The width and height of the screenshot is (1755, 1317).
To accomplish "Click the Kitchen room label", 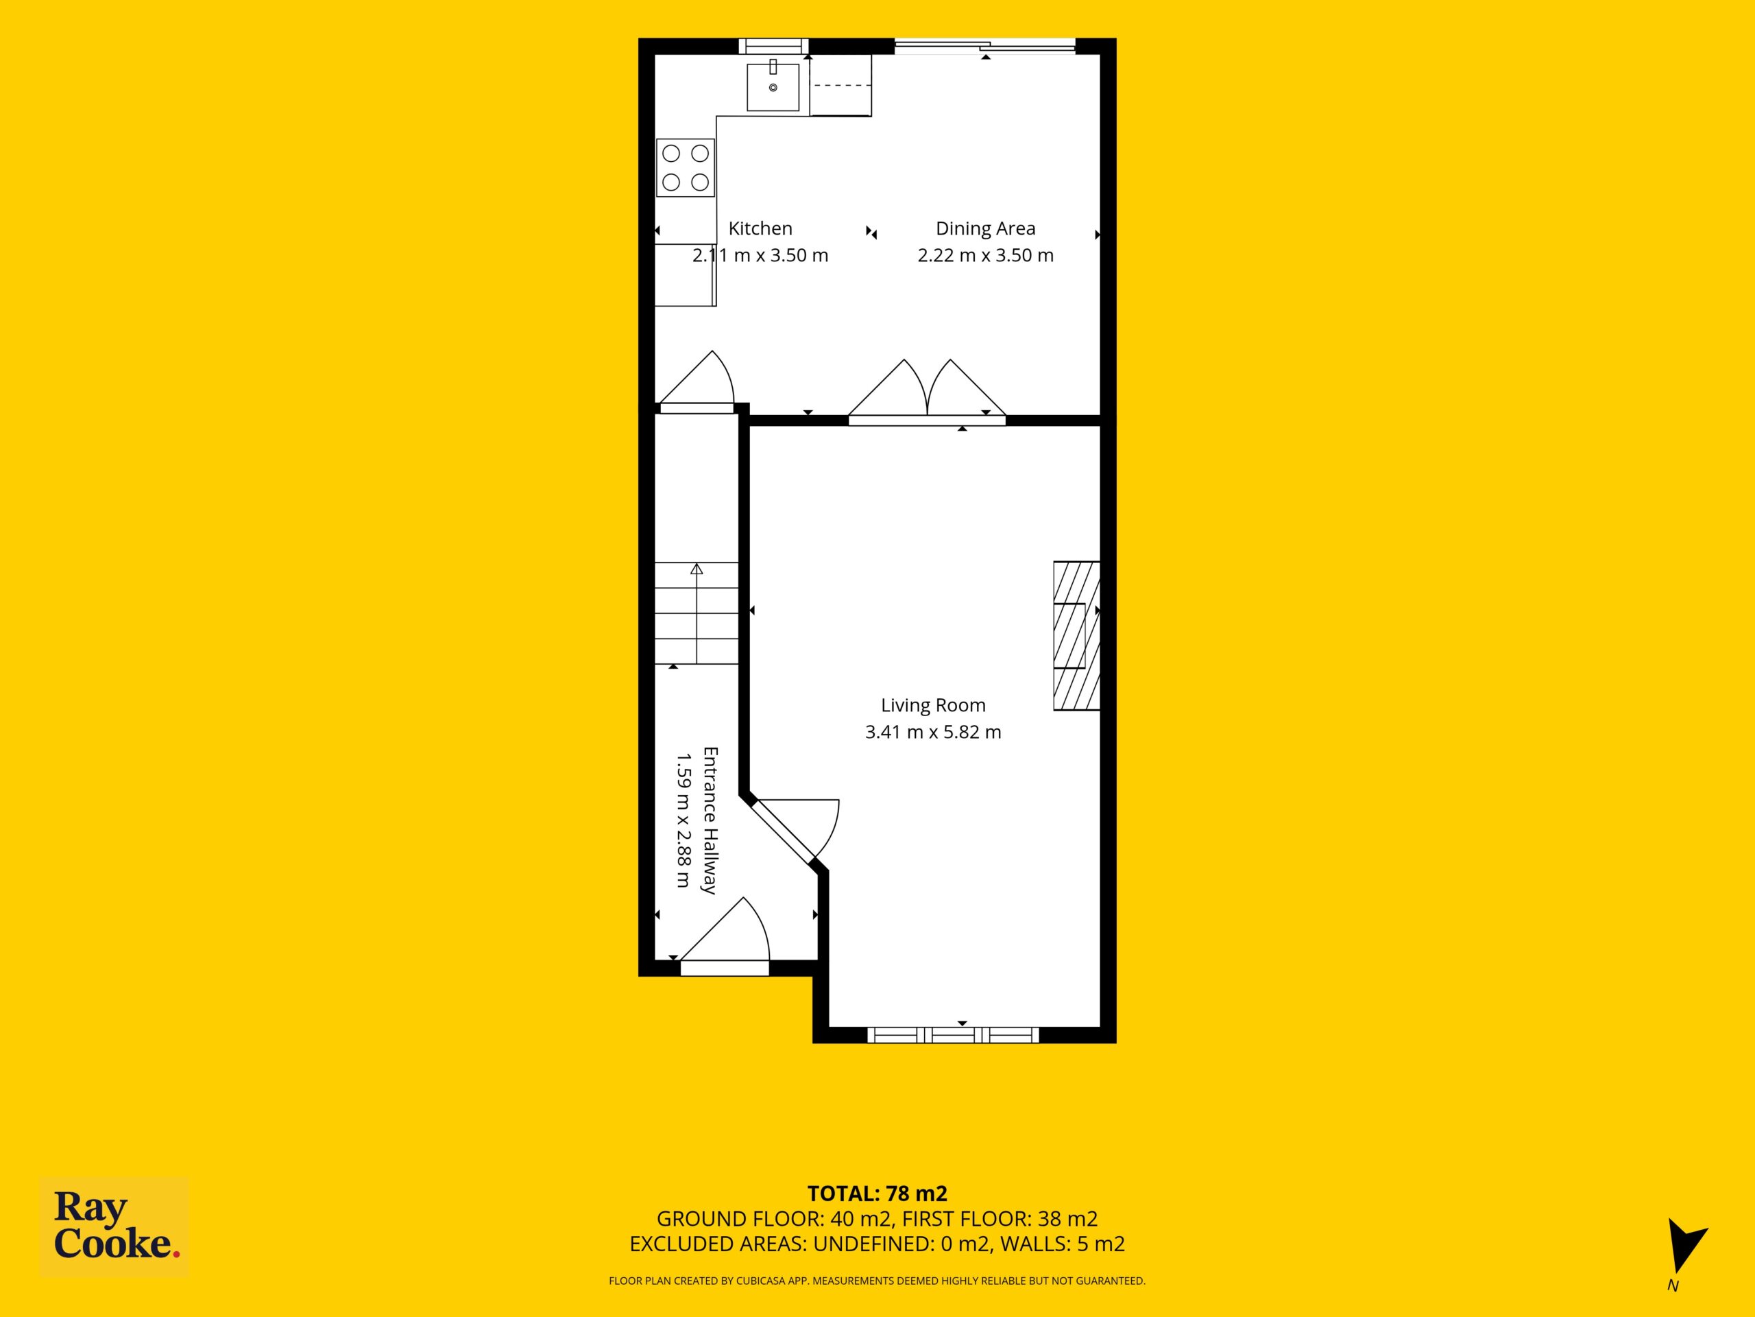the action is click(x=760, y=228).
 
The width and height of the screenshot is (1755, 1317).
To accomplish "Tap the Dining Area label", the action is click(x=985, y=228).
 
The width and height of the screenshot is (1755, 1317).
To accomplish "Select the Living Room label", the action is click(x=933, y=705).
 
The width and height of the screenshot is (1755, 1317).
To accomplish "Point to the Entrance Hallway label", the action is click(x=710, y=820).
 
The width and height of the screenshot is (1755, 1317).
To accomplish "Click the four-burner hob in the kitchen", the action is click(x=686, y=168).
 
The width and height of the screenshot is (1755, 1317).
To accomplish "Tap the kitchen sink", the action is click(x=773, y=86).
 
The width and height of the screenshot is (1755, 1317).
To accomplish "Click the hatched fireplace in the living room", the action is click(x=1076, y=636).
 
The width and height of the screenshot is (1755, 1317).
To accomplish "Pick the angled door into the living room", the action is click(x=793, y=829).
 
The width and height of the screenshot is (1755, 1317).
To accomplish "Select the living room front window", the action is click(x=953, y=1034).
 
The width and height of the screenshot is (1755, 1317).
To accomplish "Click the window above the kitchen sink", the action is click(x=773, y=46).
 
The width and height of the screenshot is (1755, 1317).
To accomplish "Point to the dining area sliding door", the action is click(x=985, y=46).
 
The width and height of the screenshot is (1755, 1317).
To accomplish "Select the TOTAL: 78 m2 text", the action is click(x=877, y=1193).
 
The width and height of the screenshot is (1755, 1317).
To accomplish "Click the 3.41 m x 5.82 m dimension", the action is click(x=933, y=732).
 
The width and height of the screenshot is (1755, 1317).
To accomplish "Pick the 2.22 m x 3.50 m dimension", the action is click(x=985, y=256).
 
